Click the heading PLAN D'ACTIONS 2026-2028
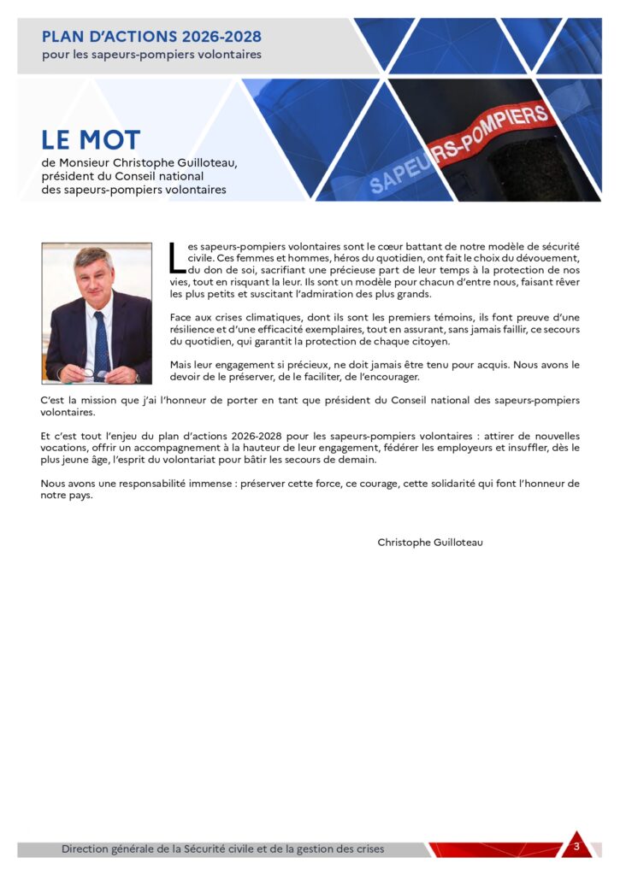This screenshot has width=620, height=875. point(151,37)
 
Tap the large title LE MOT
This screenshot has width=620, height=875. point(91,140)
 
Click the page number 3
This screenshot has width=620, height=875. point(576,847)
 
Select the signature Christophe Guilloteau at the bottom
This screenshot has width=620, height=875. point(430,542)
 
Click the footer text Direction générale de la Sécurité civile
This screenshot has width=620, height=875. point(222,849)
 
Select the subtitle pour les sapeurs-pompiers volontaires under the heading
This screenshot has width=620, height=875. point(151,55)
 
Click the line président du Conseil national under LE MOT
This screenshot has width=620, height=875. point(122,176)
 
